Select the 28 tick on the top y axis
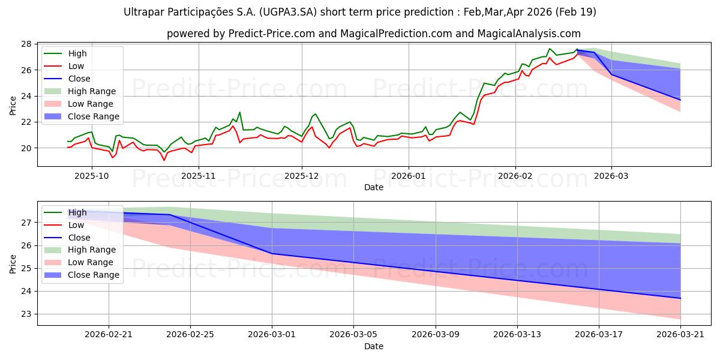(26, 44)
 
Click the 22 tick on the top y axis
(26, 122)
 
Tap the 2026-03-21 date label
(680, 334)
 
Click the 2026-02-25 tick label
(190, 334)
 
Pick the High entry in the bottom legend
(77, 212)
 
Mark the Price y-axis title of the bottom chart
(13, 263)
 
